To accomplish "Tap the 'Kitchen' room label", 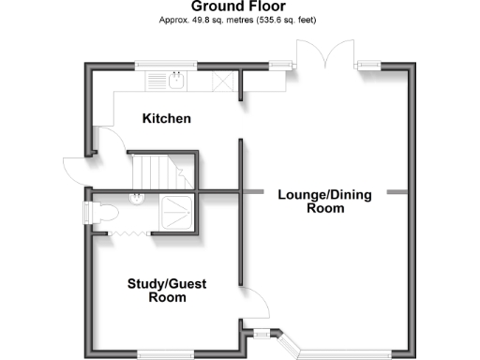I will pyautogui.click(x=166, y=119).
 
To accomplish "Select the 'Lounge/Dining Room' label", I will pyautogui.click(x=324, y=202).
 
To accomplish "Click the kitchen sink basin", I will pyautogui.click(x=176, y=82).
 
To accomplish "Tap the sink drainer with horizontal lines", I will pyautogui.click(x=156, y=82).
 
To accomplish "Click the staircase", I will pyautogui.click(x=159, y=171).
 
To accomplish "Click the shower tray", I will pyautogui.click(x=176, y=213).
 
